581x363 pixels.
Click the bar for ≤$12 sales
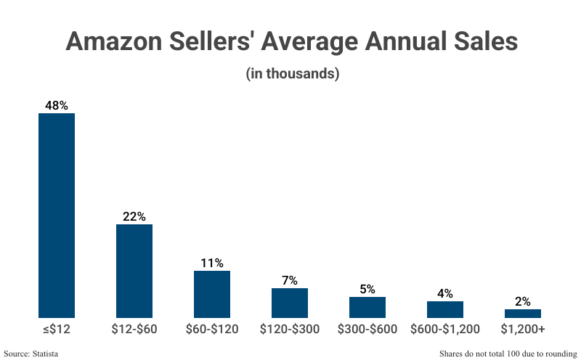pyautogui.click(x=57, y=216)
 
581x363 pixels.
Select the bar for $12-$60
pyautogui.click(x=134, y=271)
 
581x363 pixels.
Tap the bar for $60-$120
pyautogui.click(x=212, y=294)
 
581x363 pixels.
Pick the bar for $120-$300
pyautogui.click(x=290, y=303)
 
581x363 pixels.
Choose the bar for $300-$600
pyautogui.click(x=367, y=307)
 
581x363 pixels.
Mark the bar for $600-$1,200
pyautogui.click(x=445, y=309)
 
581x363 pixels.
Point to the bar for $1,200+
pyautogui.click(x=523, y=314)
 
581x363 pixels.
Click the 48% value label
pyautogui.click(x=57, y=105)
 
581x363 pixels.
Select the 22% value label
pyautogui.click(x=134, y=216)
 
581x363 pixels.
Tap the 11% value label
pyautogui.click(x=212, y=263)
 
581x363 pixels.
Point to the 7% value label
pyautogui.click(x=290, y=280)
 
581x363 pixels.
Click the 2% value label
pyautogui.click(x=523, y=301)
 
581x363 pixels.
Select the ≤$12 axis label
pyautogui.click(x=57, y=330)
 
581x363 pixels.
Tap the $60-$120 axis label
pyautogui.click(x=212, y=330)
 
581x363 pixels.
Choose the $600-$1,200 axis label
pyautogui.click(x=445, y=330)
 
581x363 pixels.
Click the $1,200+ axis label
pyautogui.click(x=523, y=330)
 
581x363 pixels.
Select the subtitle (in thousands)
pyautogui.click(x=292, y=73)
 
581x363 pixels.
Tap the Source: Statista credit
pyautogui.click(x=31, y=354)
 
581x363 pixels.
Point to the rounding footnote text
pyautogui.click(x=508, y=354)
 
